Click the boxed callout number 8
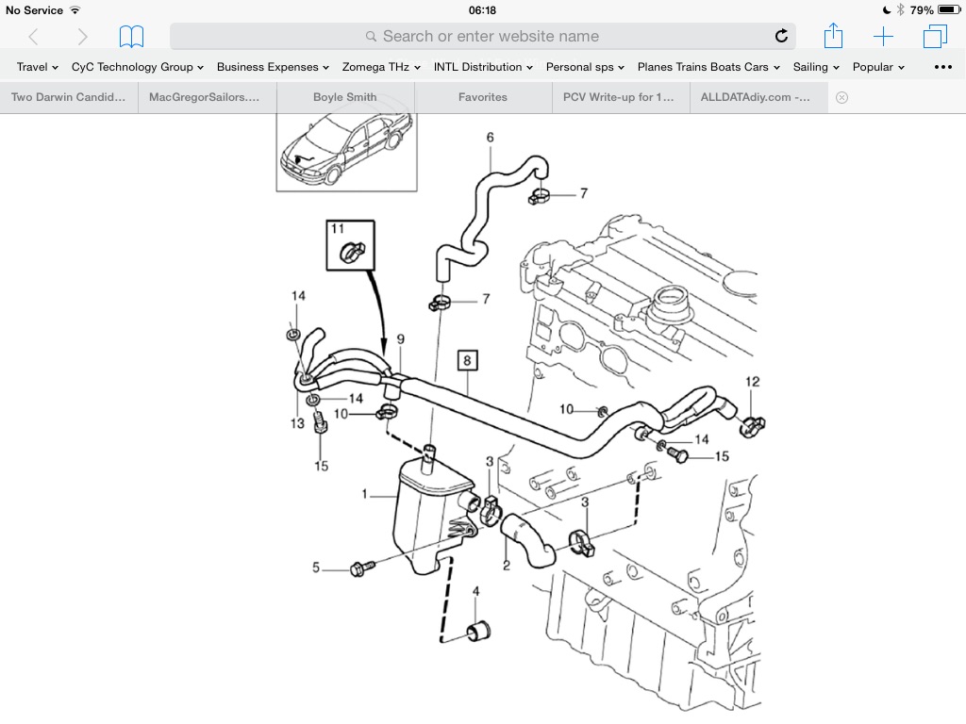tap(467, 359)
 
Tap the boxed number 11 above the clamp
tap(338, 229)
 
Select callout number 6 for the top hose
tap(490, 138)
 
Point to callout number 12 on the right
tap(752, 382)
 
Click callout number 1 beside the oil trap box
tap(366, 493)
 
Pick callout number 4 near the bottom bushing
tap(475, 592)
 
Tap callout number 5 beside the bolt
tap(317, 568)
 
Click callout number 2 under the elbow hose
tap(506, 566)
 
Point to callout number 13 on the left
tap(297, 423)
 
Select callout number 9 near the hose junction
tap(400, 339)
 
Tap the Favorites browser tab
tap(482, 97)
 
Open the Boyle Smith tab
tap(344, 97)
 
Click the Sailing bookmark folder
tap(816, 67)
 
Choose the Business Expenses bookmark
tap(273, 67)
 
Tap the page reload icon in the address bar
tap(781, 37)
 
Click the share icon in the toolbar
tap(833, 37)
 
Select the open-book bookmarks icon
tap(131, 37)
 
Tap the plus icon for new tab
tap(883, 37)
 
